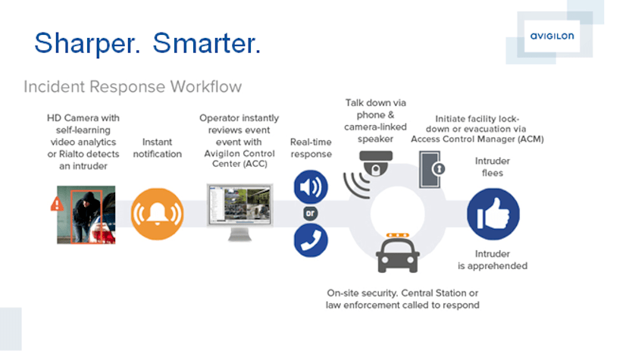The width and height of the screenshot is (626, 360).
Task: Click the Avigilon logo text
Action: (x=552, y=36)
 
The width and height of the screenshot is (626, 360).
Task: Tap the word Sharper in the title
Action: (x=87, y=44)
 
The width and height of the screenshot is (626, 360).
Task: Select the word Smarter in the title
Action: (x=207, y=43)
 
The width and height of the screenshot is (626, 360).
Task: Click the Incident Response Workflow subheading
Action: (x=133, y=86)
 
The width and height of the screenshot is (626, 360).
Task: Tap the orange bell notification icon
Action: (x=158, y=214)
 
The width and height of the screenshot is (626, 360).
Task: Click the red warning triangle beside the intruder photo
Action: (x=57, y=204)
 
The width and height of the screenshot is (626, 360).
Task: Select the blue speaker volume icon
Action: (x=311, y=186)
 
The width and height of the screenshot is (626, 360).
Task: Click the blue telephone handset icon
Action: (x=311, y=240)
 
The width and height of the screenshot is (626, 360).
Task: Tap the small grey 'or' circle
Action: (x=311, y=214)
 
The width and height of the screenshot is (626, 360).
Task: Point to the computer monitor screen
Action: (x=240, y=205)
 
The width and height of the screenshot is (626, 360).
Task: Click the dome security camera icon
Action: (x=376, y=164)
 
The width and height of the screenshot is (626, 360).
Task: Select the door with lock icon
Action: (x=432, y=169)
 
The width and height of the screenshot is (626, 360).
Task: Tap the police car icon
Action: (x=398, y=253)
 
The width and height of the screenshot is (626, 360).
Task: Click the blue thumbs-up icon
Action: (x=493, y=214)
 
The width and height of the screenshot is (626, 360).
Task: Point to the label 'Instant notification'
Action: (x=158, y=148)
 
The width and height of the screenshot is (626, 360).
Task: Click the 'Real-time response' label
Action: (x=311, y=148)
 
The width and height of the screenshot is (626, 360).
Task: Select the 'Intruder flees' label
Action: (x=493, y=167)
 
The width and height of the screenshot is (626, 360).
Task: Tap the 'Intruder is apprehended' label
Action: (x=493, y=260)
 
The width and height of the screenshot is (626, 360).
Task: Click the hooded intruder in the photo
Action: (x=86, y=215)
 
